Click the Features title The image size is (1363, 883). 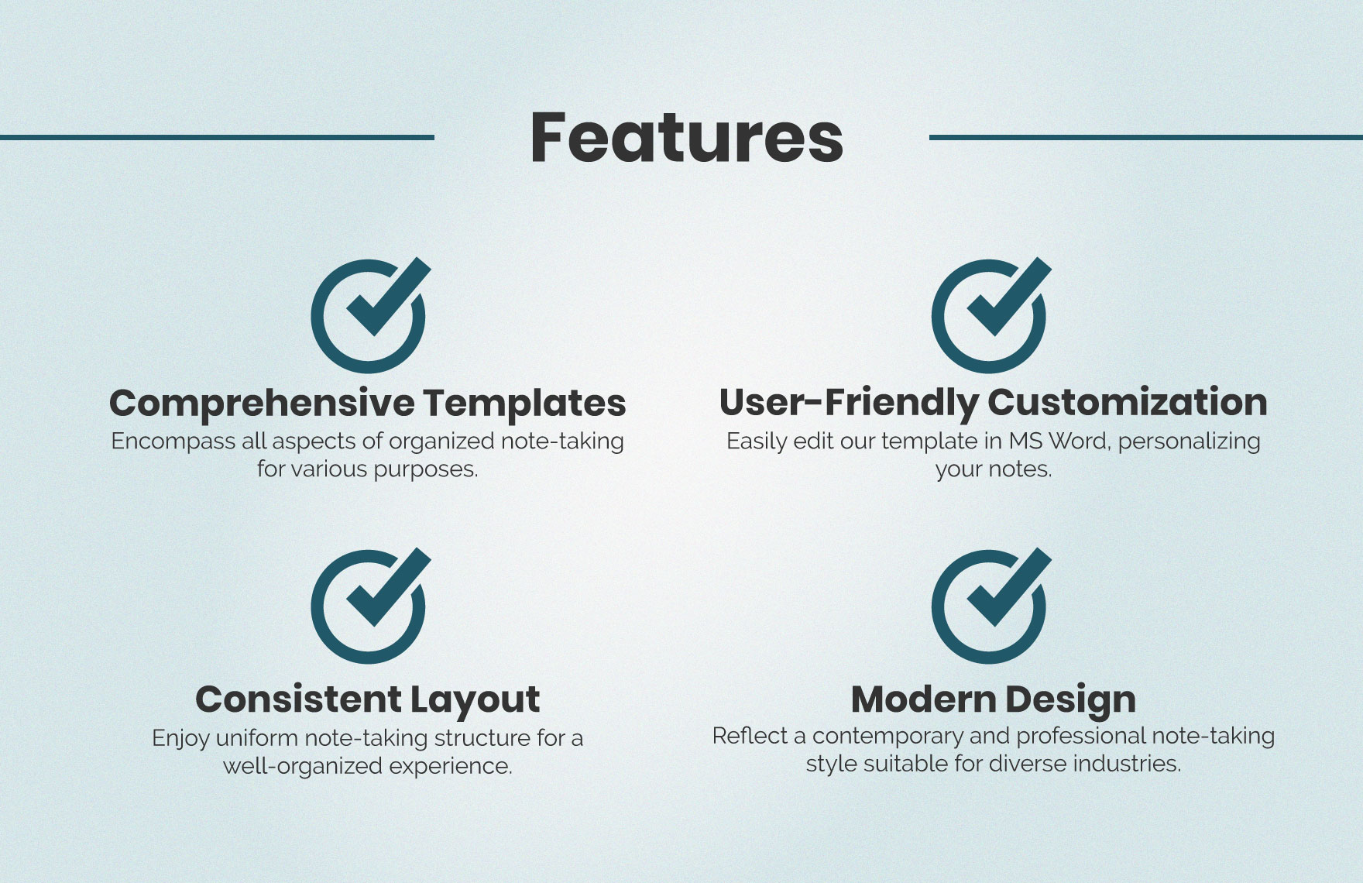tap(686, 137)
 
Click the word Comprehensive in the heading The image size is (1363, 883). tap(263, 404)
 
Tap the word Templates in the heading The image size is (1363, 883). tap(524, 404)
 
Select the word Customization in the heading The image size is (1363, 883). tap(1127, 402)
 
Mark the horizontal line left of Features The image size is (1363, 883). tap(217, 137)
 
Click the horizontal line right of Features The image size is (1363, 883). tap(1146, 137)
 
